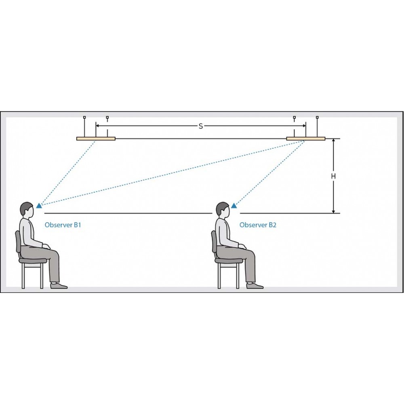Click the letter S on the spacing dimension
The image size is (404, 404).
[201, 126]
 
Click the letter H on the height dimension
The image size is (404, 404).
[333, 176]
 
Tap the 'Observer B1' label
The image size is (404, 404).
[63, 225]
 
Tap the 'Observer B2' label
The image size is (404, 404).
[258, 225]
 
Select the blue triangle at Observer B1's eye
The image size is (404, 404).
[39, 206]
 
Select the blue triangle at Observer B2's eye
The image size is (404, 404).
[234, 206]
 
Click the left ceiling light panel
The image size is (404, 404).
[96, 139]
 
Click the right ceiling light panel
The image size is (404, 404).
[306, 139]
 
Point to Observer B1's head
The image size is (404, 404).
[27, 209]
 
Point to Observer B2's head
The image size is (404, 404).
[223, 209]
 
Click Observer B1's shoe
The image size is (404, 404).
[59, 286]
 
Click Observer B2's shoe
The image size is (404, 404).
[255, 286]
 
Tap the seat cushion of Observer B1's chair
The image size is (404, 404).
[33, 261]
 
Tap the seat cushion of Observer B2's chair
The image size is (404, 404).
[229, 261]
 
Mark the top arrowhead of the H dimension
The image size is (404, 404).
[333, 141]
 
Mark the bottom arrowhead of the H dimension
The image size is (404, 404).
[333, 211]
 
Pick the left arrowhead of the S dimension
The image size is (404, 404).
[98, 126]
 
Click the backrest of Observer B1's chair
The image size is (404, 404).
[18, 242]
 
